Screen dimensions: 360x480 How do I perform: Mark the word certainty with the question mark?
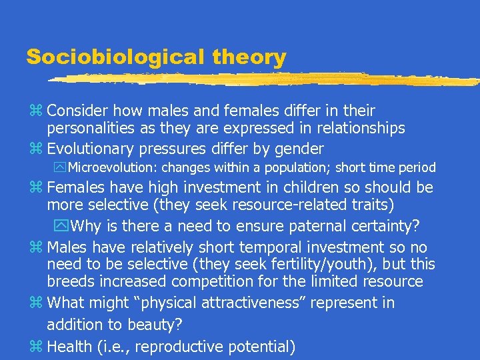click(x=386, y=226)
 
